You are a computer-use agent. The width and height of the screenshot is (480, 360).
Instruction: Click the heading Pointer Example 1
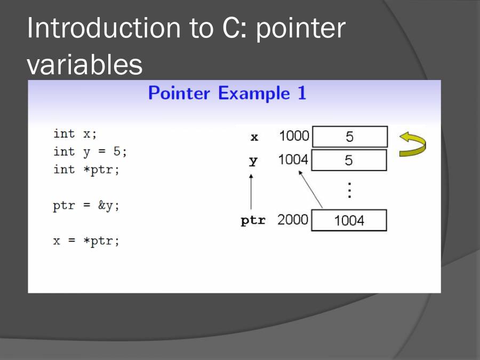coord(227,93)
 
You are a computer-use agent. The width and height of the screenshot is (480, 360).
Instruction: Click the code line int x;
coord(75,134)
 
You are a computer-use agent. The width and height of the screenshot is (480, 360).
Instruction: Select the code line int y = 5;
coord(90,151)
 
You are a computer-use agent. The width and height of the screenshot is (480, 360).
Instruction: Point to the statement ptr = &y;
coord(86,206)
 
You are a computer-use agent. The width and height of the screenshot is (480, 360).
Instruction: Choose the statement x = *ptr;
coord(86,241)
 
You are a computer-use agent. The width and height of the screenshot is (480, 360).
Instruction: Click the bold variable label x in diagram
coord(254,138)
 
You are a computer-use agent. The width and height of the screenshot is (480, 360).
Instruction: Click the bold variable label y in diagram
coord(253,161)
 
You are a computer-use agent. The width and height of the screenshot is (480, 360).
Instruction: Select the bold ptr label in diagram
coord(253,220)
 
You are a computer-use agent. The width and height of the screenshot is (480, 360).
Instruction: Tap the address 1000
coord(294,136)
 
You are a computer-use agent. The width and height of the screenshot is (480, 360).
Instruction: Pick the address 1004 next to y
coord(293,159)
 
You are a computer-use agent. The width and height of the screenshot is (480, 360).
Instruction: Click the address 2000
coord(292,220)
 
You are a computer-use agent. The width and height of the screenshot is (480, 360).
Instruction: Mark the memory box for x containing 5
coord(349,137)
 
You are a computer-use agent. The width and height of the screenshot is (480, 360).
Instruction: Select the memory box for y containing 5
coord(349,160)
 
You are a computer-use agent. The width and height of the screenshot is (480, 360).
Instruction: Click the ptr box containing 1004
coord(349,220)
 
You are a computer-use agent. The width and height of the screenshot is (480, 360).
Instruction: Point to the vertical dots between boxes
coord(349,190)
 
